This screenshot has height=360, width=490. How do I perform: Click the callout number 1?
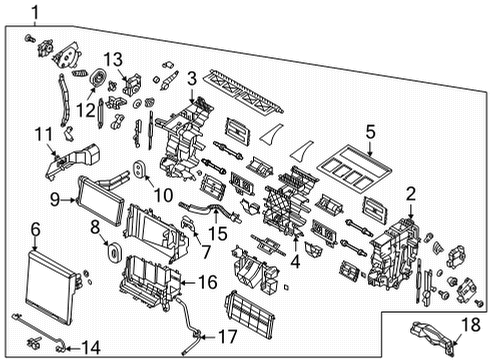[x=36, y=13]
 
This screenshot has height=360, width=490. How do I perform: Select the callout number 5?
[x=369, y=131]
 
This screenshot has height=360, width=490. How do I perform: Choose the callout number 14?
[x=90, y=348]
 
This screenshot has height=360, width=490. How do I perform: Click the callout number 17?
[x=227, y=335]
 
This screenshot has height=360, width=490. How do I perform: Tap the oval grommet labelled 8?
[x=111, y=244]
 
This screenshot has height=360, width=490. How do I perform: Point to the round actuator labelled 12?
[x=99, y=81]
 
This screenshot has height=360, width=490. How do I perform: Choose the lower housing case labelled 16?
[x=150, y=284]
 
